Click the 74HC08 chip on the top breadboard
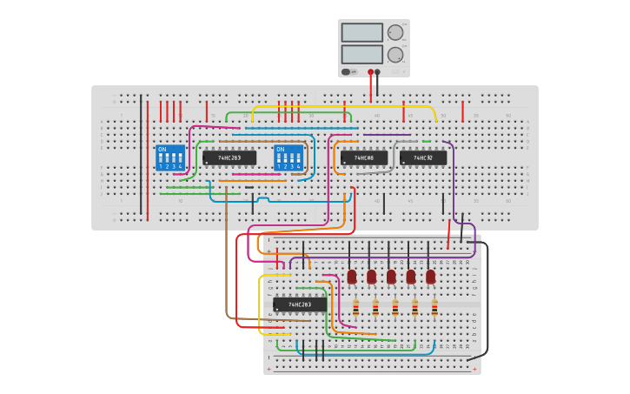364,158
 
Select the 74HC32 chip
423,158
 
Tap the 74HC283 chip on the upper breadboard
229,158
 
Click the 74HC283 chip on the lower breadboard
300,304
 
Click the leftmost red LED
352,277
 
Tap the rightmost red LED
430,277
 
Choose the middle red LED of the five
391,277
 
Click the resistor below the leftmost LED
355,308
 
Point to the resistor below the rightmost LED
434,308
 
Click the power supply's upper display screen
361,32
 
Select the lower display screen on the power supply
361,54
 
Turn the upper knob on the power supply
395,32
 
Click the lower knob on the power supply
395,54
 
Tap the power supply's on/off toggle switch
347,72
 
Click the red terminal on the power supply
370,72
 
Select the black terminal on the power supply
377,72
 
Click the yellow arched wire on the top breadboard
348,107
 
